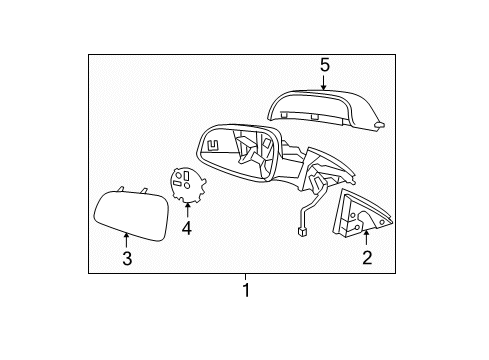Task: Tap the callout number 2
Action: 366,259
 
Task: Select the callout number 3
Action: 127,259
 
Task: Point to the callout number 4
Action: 186,228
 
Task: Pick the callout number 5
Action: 324,65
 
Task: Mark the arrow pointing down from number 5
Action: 324,82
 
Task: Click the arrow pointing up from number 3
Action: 127,241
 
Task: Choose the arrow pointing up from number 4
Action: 186,210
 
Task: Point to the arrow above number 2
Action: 366,239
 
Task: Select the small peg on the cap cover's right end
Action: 380,126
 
